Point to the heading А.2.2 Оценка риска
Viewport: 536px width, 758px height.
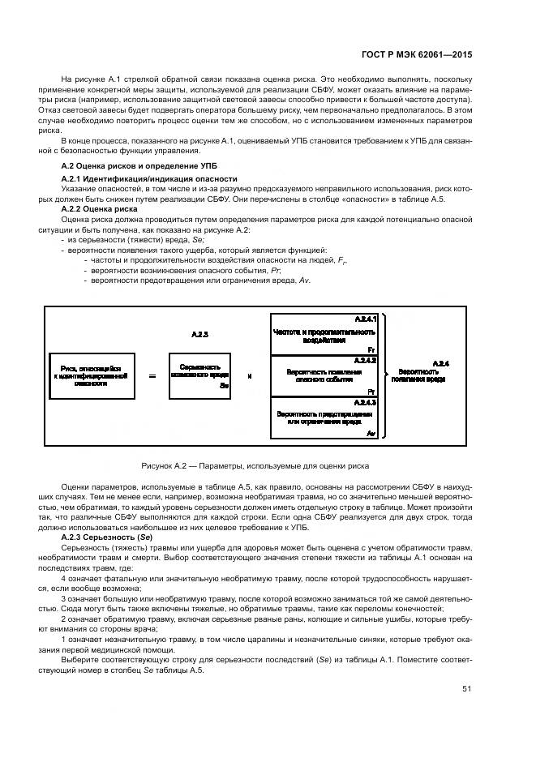100,208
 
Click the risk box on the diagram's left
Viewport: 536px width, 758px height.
89,375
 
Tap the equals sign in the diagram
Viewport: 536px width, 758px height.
152,376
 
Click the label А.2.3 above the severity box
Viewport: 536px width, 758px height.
199,334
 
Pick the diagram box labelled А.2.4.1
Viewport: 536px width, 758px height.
324,333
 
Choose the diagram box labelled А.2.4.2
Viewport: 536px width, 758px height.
324,375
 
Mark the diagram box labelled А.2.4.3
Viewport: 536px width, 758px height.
324,418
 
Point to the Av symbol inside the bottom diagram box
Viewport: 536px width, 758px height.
370,435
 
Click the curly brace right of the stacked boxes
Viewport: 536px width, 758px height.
386,375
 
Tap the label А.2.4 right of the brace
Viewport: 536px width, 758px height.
441,362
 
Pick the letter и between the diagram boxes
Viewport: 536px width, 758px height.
249,375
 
